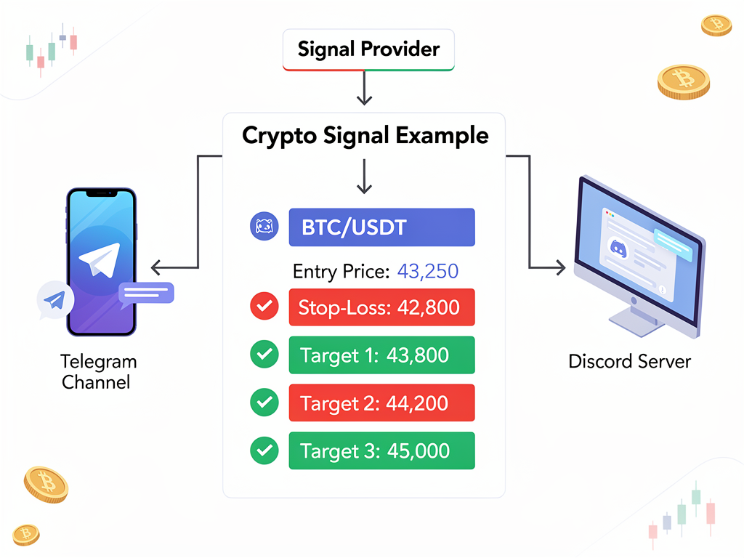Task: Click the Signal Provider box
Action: click(x=368, y=49)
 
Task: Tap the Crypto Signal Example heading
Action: click(x=365, y=135)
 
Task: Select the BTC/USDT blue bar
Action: click(x=381, y=227)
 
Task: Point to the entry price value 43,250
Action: click(x=428, y=272)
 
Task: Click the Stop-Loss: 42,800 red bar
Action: click(x=381, y=307)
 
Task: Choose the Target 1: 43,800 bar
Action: click(x=381, y=355)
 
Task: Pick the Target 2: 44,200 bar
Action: click(x=381, y=403)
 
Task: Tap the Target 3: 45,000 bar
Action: click(x=381, y=450)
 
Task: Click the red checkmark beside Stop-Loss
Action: click(x=263, y=307)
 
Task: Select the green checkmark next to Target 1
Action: click(x=263, y=355)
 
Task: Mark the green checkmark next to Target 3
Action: click(x=263, y=450)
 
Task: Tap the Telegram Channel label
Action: click(x=99, y=371)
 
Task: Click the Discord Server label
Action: click(x=629, y=361)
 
